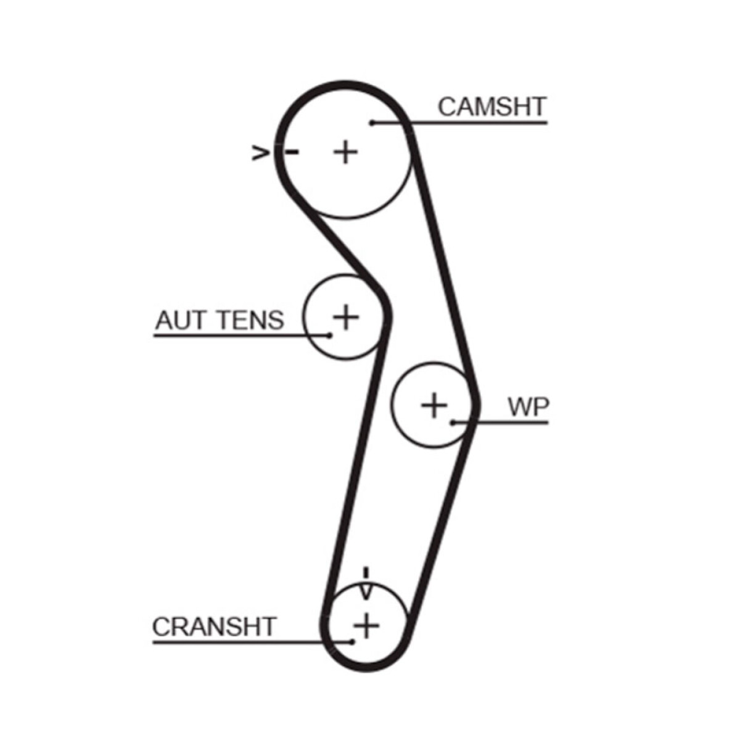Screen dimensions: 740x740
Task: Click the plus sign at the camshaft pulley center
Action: click(345, 152)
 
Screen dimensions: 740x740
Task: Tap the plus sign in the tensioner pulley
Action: click(345, 317)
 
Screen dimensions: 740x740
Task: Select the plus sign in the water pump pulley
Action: click(434, 405)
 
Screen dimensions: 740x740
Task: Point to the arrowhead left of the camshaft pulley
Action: click(260, 152)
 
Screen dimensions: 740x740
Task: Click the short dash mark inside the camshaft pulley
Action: click(292, 152)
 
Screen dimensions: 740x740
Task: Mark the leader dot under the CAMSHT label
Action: click(372, 123)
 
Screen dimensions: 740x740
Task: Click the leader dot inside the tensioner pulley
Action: click(329, 335)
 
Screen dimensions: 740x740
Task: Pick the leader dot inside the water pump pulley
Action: click(453, 423)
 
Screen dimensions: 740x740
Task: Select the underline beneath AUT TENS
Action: click(241, 335)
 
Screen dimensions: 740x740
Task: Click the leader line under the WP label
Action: click(501, 423)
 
